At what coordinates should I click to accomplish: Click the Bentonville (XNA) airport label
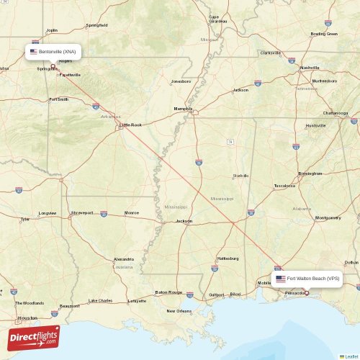(53, 52)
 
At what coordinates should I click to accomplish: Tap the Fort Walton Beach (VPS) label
(307, 278)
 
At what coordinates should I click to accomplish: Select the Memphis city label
(183, 109)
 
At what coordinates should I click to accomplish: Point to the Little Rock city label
(131, 125)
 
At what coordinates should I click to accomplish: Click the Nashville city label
(310, 68)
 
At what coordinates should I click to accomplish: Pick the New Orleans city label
(179, 310)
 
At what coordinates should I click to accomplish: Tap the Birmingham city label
(310, 174)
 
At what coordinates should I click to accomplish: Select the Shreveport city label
(81, 212)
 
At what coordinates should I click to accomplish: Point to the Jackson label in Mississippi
(184, 221)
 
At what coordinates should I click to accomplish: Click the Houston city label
(27, 318)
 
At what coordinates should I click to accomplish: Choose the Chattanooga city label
(336, 113)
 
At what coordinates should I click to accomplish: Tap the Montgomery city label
(328, 217)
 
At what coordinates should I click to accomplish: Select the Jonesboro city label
(181, 81)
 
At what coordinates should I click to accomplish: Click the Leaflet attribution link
(351, 356)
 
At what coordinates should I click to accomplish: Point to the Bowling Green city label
(324, 34)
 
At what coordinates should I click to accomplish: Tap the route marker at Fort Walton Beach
(307, 293)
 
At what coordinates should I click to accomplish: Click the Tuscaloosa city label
(284, 186)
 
